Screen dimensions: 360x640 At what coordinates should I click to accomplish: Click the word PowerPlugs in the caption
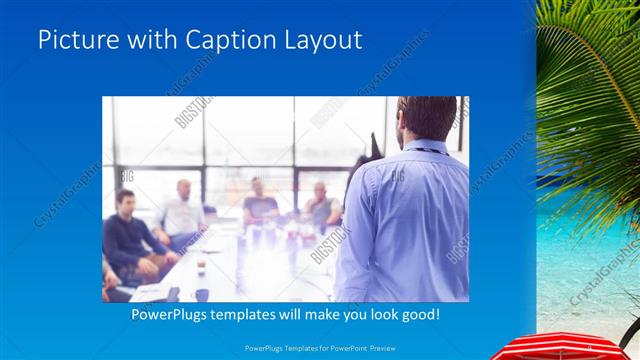[172, 315]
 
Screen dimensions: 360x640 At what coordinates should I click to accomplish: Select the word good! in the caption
[417, 315]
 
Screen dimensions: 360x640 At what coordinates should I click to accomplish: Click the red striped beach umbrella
[570, 347]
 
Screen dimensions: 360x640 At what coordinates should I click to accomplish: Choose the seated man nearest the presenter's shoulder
[321, 205]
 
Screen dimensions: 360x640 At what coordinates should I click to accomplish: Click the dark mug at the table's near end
[202, 294]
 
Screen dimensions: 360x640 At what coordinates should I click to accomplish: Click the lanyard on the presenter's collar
[425, 150]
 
